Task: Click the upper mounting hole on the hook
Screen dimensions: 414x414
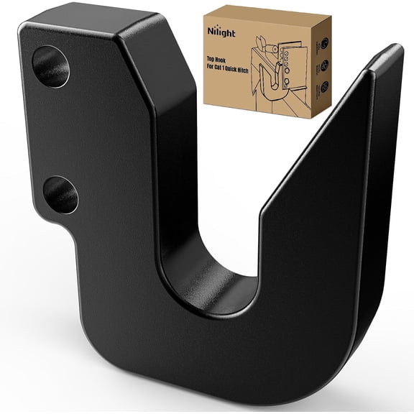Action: (x=51, y=66)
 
